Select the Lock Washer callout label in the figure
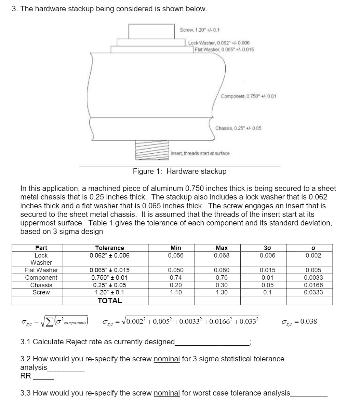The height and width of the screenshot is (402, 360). [x=219, y=43]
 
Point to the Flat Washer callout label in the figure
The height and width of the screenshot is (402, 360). [x=224, y=49]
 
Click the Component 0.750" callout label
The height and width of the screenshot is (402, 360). [x=249, y=96]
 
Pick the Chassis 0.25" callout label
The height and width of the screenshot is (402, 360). [x=238, y=128]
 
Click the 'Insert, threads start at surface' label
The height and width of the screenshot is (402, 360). [x=200, y=153]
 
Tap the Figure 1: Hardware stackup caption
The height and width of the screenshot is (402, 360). [x=179, y=171]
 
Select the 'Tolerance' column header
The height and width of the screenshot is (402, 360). [x=109, y=248]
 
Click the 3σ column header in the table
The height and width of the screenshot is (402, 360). [x=263, y=248]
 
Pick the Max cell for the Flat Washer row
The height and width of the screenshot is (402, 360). [x=222, y=270]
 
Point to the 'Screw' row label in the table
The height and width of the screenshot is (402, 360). [x=41, y=292]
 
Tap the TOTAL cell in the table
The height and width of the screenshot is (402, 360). [x=109, y=301]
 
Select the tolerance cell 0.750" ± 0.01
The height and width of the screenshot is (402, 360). [x=109, y=278]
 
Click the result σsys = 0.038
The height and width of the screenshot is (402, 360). [x=299, y=321]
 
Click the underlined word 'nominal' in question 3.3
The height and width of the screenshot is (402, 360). [x=167, y=393]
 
